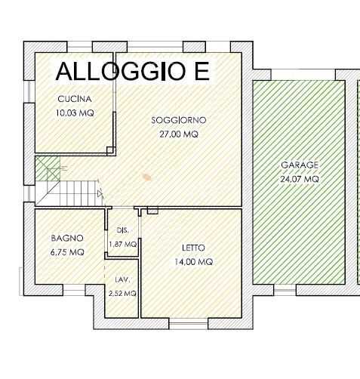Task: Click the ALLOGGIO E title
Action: coord(133,71)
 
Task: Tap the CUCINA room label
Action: coord(75,99)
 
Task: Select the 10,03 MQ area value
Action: coord(75,112)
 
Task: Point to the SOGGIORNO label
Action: coord(179,120)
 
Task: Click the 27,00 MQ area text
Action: coord(179,134)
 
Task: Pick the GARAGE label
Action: coord(300,165)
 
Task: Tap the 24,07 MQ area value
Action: coord(300,179)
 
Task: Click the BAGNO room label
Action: coord(67,238)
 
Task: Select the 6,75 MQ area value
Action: coord(67,252)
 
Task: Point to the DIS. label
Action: coord(123,230)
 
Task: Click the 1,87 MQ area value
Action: coord(123,244)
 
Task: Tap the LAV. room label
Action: coord(122,279)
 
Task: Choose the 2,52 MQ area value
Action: coord(122,293)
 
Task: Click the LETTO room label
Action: coord(193,248)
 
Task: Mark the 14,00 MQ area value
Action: coord(194,262)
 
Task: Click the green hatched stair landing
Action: coord(48,168)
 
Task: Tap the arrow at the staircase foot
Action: coord(100,194)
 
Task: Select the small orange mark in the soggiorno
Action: coord(146,177)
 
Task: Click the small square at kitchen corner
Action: coord(110,150)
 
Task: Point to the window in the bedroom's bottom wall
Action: coord(189,324)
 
